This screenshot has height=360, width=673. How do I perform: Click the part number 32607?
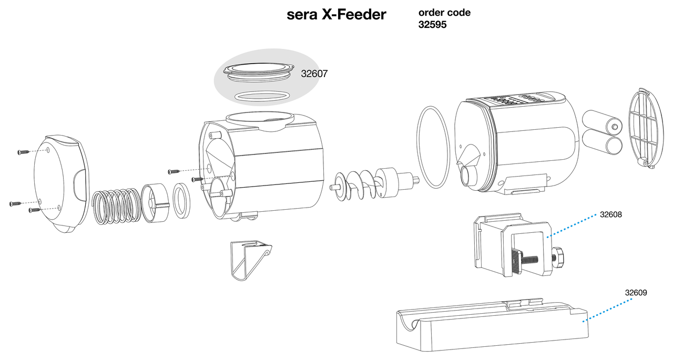tap(314, 74)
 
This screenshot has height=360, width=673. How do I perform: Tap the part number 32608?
tap(611, 214)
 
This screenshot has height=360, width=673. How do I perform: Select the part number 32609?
tap(636, 292)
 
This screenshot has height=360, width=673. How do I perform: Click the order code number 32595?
tap(432, 25)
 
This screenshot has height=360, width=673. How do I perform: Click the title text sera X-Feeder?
tap(336, 14)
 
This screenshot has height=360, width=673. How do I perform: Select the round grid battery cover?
tap(646, 128)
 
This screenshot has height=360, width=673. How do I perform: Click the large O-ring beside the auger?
tap(433, 147)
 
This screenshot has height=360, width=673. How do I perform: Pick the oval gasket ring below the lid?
tap(262, 96)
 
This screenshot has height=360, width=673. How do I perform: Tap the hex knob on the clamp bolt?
tap(558, 258)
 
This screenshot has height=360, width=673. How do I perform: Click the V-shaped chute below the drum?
tap(251, 260)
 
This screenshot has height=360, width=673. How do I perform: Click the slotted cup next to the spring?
tap(155, 203)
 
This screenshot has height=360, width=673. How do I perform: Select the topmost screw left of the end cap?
tap(24, 152)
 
